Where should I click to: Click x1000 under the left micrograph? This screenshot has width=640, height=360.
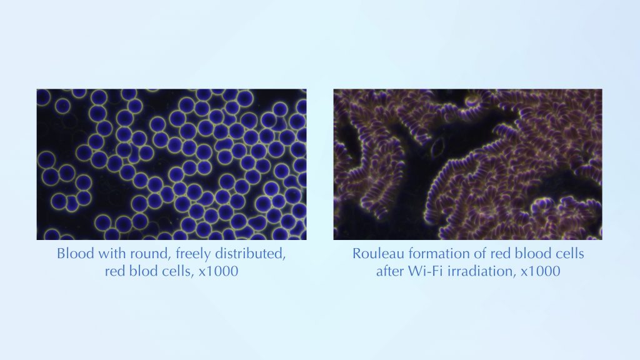218,271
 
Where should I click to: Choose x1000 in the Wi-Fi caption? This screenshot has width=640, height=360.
541,271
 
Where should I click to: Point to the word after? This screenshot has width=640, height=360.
390,271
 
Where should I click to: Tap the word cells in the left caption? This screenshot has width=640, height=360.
172,271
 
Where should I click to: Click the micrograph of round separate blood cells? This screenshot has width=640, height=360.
171,164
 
